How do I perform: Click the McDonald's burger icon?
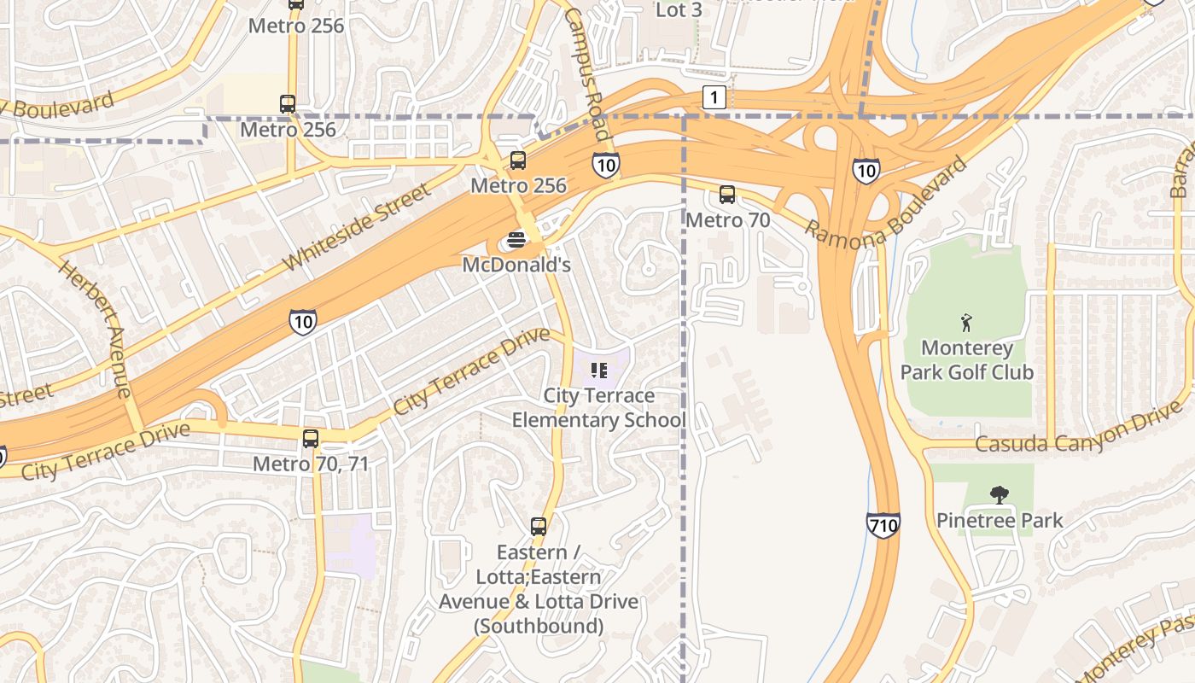click(516, 240)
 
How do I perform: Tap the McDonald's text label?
click(516, 265)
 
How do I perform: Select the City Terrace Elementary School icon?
click(598, 371)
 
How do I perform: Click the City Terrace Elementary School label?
click(598, 408)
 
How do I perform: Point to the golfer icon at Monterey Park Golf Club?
click(966, 323)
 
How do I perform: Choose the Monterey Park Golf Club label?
click(967, 360)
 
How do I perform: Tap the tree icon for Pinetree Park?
click(999, 494)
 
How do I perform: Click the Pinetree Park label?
click(1000, 520)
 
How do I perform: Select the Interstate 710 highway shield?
click(883, 524)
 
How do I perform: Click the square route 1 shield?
click(714, 97)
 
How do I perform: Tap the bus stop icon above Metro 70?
click(727, 195)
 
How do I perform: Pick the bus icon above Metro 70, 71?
click(311, 439)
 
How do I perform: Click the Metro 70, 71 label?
click(311, 464)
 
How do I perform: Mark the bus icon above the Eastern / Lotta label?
click(539, 527)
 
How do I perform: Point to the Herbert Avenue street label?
click(95, 329)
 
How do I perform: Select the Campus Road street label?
click(586, 75)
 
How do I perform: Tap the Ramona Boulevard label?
click(887, 201)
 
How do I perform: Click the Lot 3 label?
click(679, 10)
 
